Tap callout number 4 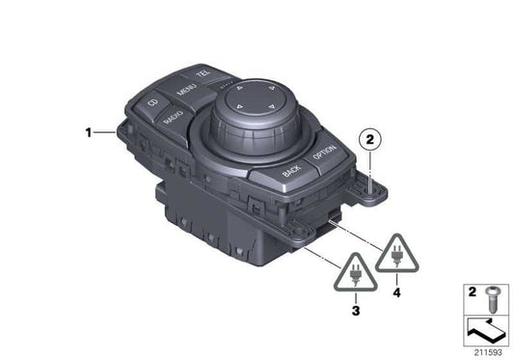[397, 288]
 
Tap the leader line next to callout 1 [105, 132]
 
